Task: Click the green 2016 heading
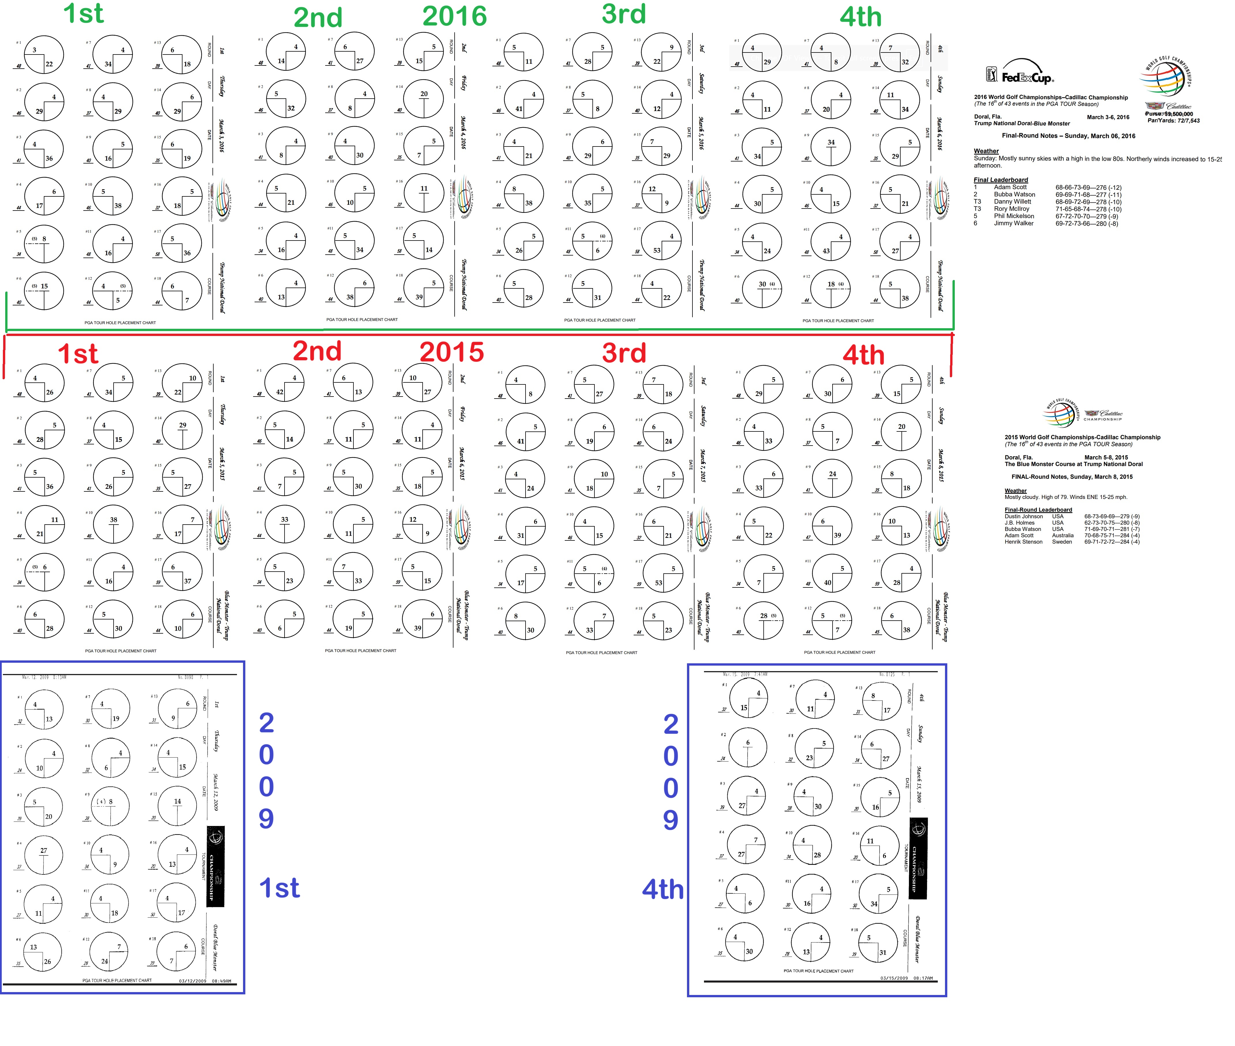coord(455,16)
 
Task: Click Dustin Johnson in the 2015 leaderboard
coord(1023,517)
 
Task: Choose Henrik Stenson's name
coord(1023,542)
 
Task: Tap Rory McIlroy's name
coord(1012,209)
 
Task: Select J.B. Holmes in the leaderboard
coord(1019,523)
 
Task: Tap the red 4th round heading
coord(863,355)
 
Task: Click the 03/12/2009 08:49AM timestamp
coord(205,981)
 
